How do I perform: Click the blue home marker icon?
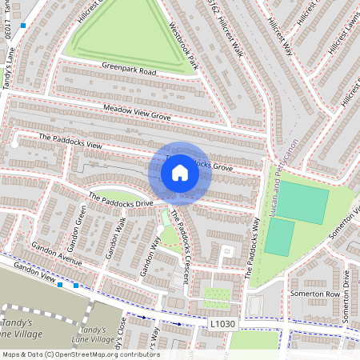coord(180,172)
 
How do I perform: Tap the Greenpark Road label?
coord(128,70)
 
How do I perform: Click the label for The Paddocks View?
coord(72,142)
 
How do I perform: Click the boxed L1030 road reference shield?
coord(224,322)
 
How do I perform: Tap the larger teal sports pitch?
coord(302,203)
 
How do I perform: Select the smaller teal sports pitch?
coord(278,238)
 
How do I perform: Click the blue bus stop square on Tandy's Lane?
coord(24,26)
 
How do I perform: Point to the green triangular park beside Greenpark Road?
coord(128,40)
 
